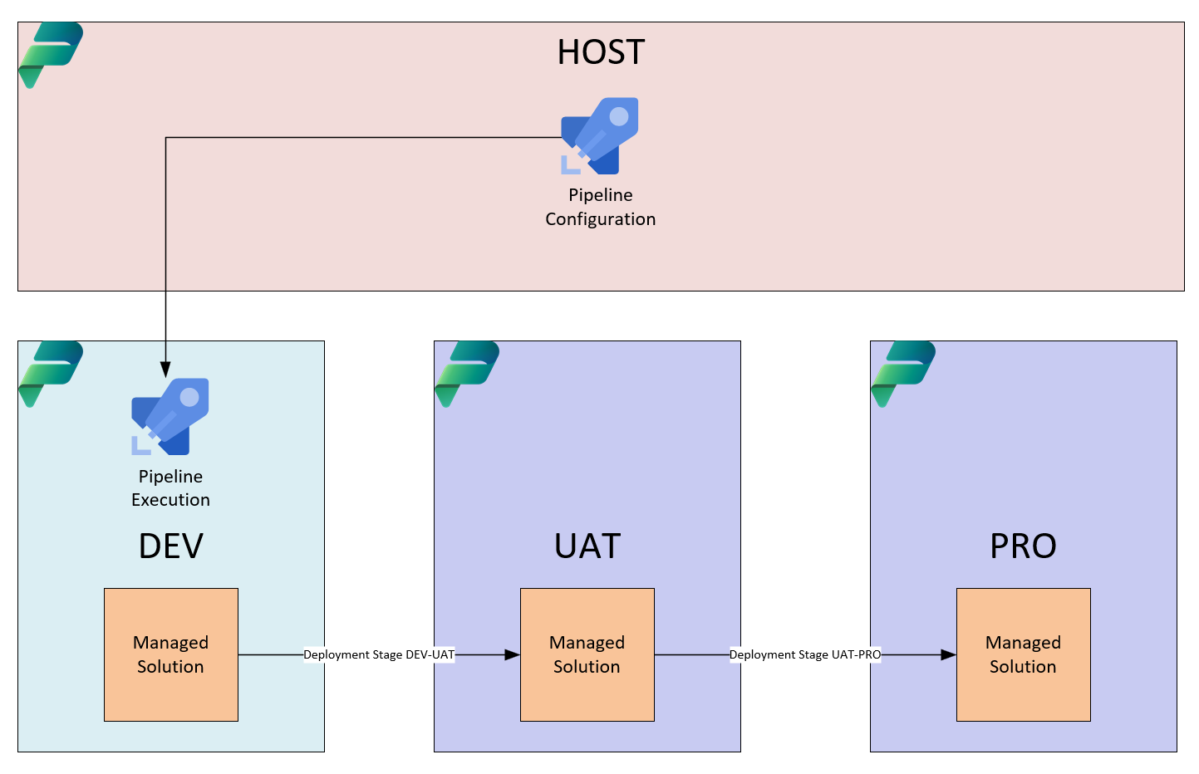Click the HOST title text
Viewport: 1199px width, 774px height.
click(601, 51)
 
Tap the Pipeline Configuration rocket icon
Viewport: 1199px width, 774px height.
click(600, 136)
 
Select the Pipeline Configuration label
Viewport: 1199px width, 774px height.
click(600, 207)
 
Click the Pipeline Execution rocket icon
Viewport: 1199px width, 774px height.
click(170, 417)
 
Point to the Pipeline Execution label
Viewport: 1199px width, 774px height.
click(170, 487)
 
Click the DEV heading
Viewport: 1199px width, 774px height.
click(170, 546)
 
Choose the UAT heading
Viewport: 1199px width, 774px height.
click(587, 546)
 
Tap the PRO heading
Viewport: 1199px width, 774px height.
click(1023, 546)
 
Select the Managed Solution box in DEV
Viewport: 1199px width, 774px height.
click(170, 654)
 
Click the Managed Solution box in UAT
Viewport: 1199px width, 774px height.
click(587, 654)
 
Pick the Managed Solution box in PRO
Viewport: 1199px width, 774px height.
click(1024, 654)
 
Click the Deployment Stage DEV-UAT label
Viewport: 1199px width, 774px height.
click(379, 654)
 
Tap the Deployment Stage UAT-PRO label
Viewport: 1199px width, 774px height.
click(805, 654)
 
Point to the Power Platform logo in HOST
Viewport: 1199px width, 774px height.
click(51, 55)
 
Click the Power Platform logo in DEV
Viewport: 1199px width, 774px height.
click(51, 374)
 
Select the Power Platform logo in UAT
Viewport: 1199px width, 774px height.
click(467, 374)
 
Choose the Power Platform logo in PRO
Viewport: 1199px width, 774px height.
click(903, 374)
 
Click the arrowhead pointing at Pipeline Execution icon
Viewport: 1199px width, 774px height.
click(166, 370)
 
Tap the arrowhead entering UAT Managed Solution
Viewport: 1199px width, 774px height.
click(512, 654)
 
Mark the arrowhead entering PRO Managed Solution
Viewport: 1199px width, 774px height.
click(949, 654)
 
